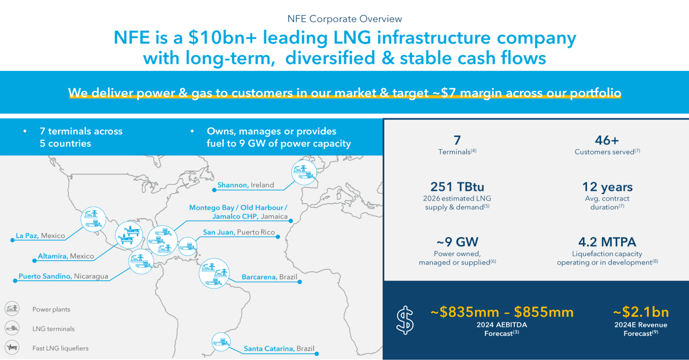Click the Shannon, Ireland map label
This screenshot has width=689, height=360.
tap(245, 185)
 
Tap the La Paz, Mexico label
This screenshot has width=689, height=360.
tap(40, 236)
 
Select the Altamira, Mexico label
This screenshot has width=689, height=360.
tap(66, 256)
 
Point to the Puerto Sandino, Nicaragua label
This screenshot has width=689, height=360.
tap(63, 276)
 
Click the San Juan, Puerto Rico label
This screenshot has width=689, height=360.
tap(239, 233)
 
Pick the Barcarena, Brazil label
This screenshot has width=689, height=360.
tap(269, 277)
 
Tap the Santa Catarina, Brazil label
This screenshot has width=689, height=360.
tap(279, 349)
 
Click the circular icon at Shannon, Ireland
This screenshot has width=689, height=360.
tap(304, 172)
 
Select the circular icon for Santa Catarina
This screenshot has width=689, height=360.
tap(221, 342)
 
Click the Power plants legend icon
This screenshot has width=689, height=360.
tap(12, 309)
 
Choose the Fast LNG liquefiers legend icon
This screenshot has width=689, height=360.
tap(12, 347)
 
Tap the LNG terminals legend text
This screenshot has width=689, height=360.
tap(53, 329)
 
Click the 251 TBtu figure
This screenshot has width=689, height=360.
tap(457, 187)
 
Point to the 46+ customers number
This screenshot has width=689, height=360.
tap(607, 140)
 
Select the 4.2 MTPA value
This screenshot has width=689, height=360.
tap(607, 242)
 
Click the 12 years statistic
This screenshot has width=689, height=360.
tap(607, 187)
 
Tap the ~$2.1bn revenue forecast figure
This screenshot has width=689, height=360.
tap(641, 312)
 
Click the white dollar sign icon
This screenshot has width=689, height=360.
tap(405, 320)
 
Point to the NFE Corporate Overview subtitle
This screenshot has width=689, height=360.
tap(344, 19)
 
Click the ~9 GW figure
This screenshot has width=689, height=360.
tap(457, 242)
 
